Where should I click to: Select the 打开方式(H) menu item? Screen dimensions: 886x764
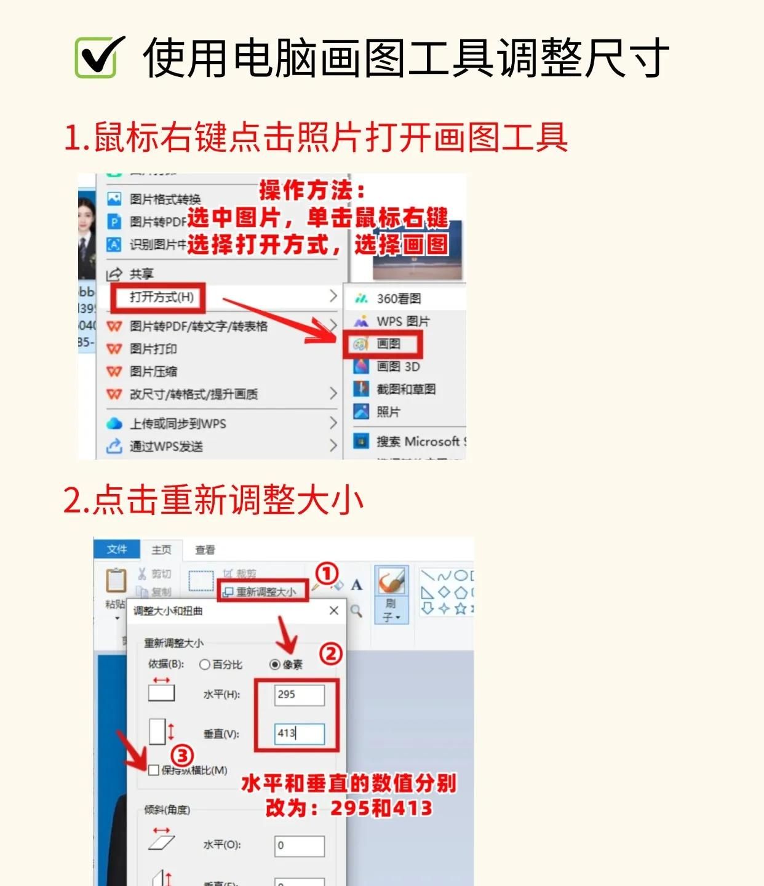pos(161,298)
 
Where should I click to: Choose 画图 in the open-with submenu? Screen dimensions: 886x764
pos(388,344)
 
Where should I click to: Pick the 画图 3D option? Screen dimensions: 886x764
pos(397,367)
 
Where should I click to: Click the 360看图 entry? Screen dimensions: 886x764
pos(398,299)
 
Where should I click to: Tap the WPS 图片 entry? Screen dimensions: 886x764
pos(402,321)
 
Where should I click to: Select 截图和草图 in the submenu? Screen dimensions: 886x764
pos(405,389)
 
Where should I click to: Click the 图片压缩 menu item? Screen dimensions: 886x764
pos(153,372)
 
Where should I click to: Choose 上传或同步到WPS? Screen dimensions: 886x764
pos(177,424)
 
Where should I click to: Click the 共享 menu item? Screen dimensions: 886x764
pos(141,274)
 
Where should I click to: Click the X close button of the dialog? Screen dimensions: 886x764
pos(334,610)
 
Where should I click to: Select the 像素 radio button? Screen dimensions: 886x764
pos(275,664)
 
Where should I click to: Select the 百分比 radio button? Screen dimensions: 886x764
pos(205,664)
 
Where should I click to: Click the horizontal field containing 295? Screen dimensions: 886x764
pos(299,695)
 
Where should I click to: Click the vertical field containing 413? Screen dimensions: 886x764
pos(299,733)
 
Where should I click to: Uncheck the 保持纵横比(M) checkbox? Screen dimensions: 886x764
pos(154,770)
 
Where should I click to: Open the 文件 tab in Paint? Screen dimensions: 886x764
pos(117,549)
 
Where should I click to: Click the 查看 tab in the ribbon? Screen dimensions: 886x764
pos(205,549)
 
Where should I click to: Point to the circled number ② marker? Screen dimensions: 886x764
pos(331,653)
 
